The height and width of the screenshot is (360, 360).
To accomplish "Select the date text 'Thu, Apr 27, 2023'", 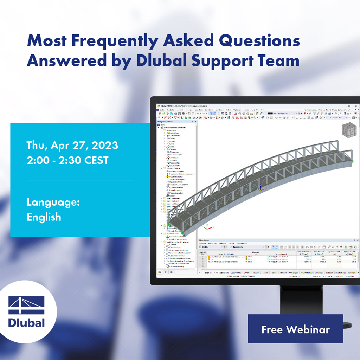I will (x=72, y=145).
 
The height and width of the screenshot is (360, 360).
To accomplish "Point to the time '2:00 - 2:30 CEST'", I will (x=67, y=160).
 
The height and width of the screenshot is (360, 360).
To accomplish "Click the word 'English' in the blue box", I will (x=44, y=217).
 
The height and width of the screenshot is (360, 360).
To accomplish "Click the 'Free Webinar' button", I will (x=295, y=329).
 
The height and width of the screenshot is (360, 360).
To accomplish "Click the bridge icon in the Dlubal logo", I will (x=26, y=305).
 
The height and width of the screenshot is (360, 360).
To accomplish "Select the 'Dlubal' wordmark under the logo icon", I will (x=26, y=322).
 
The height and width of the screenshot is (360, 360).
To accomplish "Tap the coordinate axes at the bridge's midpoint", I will (x=260, y=189).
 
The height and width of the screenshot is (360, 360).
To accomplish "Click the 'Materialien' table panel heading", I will (x=206, y=240).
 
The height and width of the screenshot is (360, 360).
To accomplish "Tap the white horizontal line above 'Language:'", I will (x=79, y=180).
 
